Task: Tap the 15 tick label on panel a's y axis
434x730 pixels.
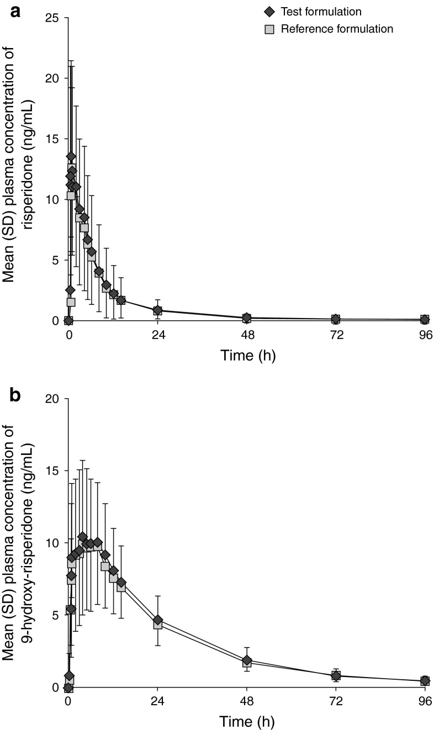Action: click(x=54, y=139)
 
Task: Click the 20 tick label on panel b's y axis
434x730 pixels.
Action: click(x=54, y=399)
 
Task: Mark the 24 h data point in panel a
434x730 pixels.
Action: click(x=157, y=310)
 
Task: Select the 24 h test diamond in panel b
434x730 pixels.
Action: click(x=157, y=620)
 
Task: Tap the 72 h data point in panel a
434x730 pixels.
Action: click(x=336, y=319)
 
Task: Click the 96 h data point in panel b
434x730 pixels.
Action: click(x=425, y=681)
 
